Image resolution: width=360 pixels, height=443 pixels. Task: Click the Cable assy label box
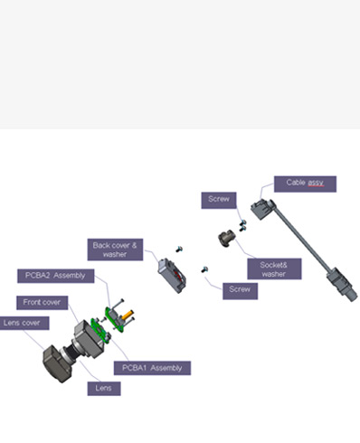(x=305, y=184)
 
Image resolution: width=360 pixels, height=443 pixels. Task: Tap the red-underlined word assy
(x=316, y=183)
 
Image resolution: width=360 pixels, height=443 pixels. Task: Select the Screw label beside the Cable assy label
(x=219, y=200)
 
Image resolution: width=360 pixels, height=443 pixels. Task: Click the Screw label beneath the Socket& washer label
(x=240, y=291)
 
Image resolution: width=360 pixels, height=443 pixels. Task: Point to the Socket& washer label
(x=274, y=269)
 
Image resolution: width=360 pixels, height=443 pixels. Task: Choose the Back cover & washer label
(x=115, y=250)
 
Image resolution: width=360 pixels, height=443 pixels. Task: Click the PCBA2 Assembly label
(x=56, y=276)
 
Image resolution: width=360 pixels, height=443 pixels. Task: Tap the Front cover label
(x=42, y=303)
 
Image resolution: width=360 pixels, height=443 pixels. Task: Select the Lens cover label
(x=24, y=323)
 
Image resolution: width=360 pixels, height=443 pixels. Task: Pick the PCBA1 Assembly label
(x=152, y=368)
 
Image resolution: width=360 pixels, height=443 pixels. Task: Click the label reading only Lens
(x=104, y=389)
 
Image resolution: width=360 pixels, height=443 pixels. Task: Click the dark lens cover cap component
(x=57, y=364)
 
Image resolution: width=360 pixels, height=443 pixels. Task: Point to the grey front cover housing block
(x=89, y=339)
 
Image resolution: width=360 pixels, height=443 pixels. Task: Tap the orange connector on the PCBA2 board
(x=128, y=315)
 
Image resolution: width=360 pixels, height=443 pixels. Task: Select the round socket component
(x=226, y=239)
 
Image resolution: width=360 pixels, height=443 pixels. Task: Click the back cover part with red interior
(x=172, y=275)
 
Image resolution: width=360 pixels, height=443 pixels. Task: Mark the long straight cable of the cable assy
(x=301, y=238)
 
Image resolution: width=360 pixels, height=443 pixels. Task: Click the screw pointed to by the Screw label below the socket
(x=204, y=269)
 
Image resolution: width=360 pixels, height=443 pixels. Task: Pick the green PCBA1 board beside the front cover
(x=100, y=331)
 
